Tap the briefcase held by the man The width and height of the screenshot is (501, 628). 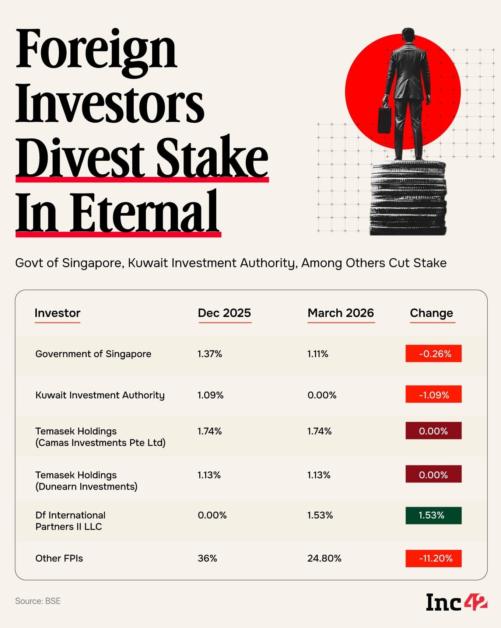pyautogui.click(x=384, y=120)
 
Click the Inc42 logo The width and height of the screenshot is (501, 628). pyautogui.click(x=456, y=602)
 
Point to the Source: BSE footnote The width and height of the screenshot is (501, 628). pyautogui.click(x=38, y=601)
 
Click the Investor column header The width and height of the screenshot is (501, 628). pyautogui.click(x=57, y=313)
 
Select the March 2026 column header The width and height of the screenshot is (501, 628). pyautogui.click(x=340, y=313)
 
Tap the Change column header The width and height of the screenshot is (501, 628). pyautogui.click(x=431, y=313)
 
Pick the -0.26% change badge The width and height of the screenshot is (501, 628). pyautogui.click(x=433, y=354)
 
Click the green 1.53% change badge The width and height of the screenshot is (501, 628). pyautogui.click(x=433, y=515)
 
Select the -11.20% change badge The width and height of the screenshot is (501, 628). pyautogui.click(x=433, y=558)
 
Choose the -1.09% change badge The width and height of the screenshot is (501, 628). pyautogui.click(x=433, y=395)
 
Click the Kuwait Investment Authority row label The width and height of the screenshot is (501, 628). pyautogui.click(x=100, y=395)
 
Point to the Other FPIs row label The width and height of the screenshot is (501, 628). pyautogui.click(x=59, y=558)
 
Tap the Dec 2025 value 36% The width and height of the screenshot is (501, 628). pyautogui.click(x=207, y=558)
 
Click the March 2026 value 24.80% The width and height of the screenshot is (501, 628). pyautogui.click(x=324, y=558)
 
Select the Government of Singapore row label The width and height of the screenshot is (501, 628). pyautogui.click(x=93, y=354)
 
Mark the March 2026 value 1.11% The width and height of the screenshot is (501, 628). pyautogui.click(x=318, y=354)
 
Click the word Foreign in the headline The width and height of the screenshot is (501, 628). pyautogui.click(x=97, y=50)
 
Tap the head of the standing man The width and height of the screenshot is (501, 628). pyautogui.click(x=408, y=35)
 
